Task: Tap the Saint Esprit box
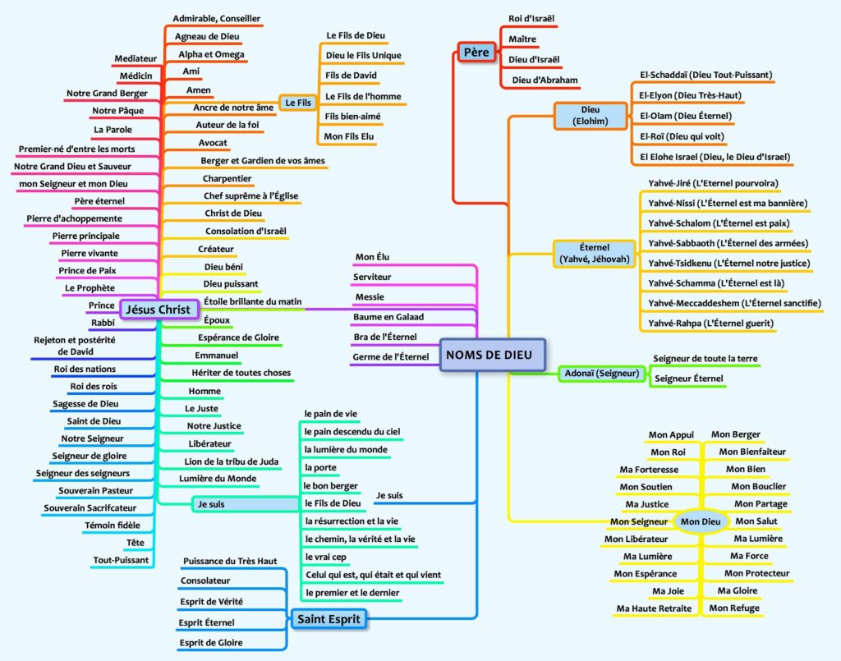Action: [x=329, y=618]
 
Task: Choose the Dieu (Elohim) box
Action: [x=590, y=115]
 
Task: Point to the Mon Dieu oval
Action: [x=700, y=521]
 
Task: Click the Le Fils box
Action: [x=297, y=103]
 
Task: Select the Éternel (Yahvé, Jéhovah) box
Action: [x=595, y=253]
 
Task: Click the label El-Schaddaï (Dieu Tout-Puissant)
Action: [x=705, y=75]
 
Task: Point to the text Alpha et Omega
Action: [x=211, y=54]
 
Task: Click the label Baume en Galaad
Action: [x=388, y=316]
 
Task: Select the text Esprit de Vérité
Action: [x=211, y=601]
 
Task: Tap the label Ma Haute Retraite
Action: [x=654, y=608]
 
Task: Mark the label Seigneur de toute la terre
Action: [x=705, y=359]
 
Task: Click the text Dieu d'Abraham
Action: [x=545, y=80]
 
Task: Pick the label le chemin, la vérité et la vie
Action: [x=360, y=539]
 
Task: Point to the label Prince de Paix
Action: [x=86, y=270]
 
